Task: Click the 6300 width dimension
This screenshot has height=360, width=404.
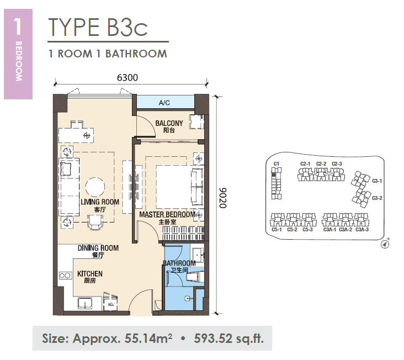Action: pyautogui.click(x=127, y=77)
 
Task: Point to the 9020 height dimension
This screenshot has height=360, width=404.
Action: pyautogui.click(x=222, y=198)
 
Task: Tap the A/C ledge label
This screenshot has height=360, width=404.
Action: pyautogui.click(x=164, y=103)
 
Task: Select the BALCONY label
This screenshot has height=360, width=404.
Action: pyautogui.click(x=169, y=123)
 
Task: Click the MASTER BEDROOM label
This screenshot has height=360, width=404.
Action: pyautogui.click(x=167, y=214)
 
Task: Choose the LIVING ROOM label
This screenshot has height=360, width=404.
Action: pyautogui.click(x=100, y=202)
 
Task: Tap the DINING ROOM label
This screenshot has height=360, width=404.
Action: pyautogui.click(x=98, y=248)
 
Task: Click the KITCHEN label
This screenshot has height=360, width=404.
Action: pyautogui.click(x=89, y=274)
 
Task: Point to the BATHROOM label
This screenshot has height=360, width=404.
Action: pyautogui.click(x=179, y=263)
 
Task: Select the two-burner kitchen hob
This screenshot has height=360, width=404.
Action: pyautogui.click(x=65, y=276)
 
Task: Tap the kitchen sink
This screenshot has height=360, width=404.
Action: pyautogui.click(x=85, y=303)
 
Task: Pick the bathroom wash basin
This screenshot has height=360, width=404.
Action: pyautogui.click(x=198, y=255)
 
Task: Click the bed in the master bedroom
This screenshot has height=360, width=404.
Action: pyautogui.click(x=180, y=187)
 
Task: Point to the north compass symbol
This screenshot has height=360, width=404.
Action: pyautogui.click(x=385, y=244)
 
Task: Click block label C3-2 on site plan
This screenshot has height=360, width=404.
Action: pyautogui.click(x=377, y=198)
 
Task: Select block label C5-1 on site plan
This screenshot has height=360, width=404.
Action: pyautogui.click(x=277, y=230)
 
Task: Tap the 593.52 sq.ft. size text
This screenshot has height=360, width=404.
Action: pyautogui.click(x=229, y=338)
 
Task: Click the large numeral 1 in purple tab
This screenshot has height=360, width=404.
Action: pyautogui.click(x=18, y=27)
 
